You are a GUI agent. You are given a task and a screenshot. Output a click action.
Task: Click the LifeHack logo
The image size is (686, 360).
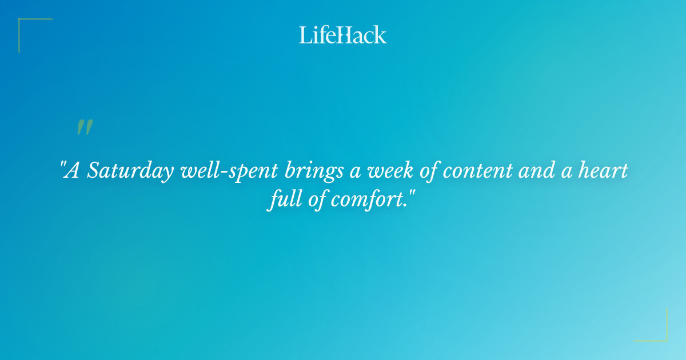343,35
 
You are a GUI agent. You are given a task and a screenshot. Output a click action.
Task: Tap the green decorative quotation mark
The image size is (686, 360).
84,127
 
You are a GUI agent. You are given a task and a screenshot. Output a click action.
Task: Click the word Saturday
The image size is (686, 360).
131,171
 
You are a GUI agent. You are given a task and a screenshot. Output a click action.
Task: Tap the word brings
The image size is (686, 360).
312,171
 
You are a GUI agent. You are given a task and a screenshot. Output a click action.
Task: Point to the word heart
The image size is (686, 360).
605,171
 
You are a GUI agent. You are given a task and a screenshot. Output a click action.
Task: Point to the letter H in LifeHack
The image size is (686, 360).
344,35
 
